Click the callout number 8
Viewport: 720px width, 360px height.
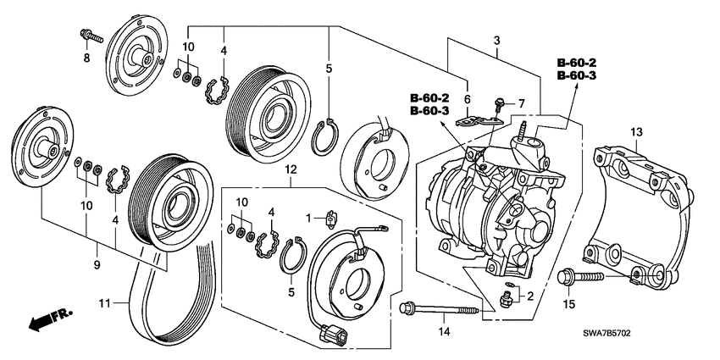point(86,58)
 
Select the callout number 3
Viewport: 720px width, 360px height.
point(497,41)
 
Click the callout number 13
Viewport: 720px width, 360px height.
point(637,131)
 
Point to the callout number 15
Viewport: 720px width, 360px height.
point(569,304)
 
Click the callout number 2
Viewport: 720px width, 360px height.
point(531,296)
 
